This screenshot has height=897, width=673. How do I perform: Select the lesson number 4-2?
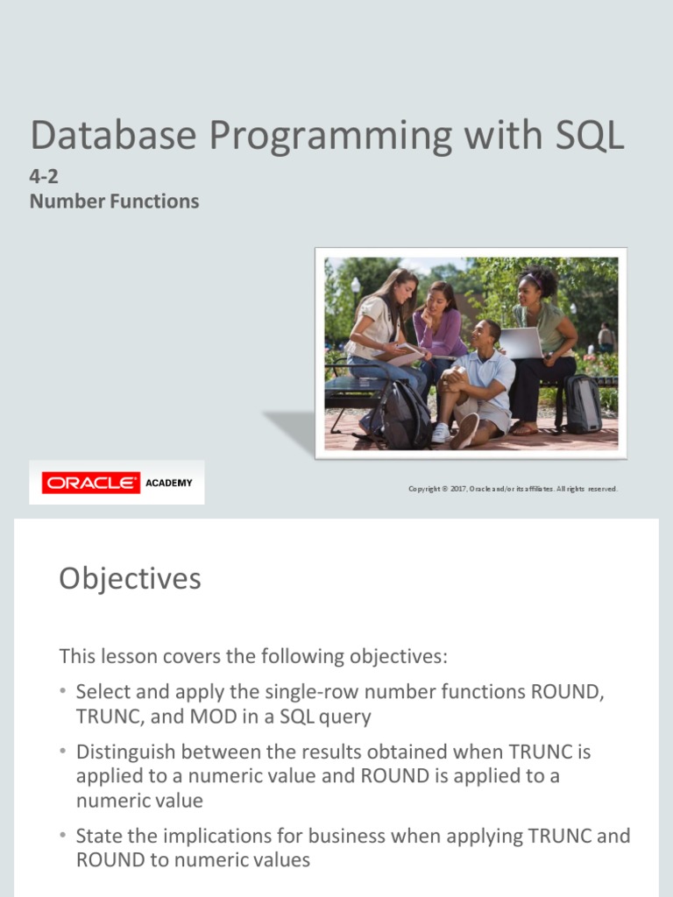(44, 176)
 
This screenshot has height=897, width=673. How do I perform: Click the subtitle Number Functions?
(114, 201)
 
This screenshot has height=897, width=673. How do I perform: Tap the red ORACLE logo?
(91, 483)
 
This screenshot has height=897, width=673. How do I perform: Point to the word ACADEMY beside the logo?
(169, 483)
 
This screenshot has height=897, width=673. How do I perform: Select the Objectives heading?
(130, 578)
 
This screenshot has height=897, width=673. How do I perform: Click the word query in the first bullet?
(345, 717)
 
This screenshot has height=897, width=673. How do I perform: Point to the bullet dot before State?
(63, 835)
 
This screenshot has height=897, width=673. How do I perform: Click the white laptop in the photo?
(522, 343)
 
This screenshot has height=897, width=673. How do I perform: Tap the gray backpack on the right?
(582, 404)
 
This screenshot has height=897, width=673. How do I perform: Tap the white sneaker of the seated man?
(441, 433)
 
